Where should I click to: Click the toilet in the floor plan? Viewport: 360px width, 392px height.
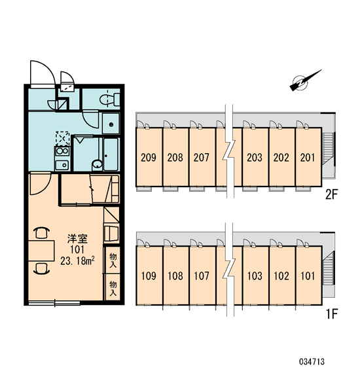tap(109, 99)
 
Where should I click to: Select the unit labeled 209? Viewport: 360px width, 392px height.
tap(149, 157)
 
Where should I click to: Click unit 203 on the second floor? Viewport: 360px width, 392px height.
tap(255, 157)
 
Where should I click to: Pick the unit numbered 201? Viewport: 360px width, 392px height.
tap(308, 157)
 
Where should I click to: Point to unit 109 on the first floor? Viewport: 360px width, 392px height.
tap(149, 276)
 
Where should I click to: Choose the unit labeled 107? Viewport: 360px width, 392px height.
tap(202, 276)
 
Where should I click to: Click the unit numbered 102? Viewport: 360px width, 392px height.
tap(281, 276)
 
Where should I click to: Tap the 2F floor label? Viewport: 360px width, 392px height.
tap(331, 194)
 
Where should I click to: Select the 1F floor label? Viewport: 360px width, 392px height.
tap(331, 313)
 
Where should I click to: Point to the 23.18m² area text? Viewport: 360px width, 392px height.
tap(77, 260)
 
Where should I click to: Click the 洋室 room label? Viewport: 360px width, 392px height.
tap(77, 239)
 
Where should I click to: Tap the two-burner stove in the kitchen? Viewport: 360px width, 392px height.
tap(62, 152)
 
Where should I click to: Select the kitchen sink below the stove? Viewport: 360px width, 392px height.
tap(62, 164)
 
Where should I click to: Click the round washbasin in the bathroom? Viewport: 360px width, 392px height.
tap(97, 165)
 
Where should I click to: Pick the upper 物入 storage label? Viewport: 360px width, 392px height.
tap(113, 260)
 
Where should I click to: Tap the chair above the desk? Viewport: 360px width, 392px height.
tap(41, 233)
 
